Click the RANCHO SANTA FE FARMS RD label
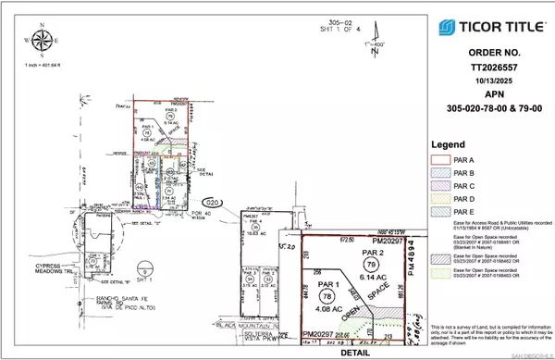59,298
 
